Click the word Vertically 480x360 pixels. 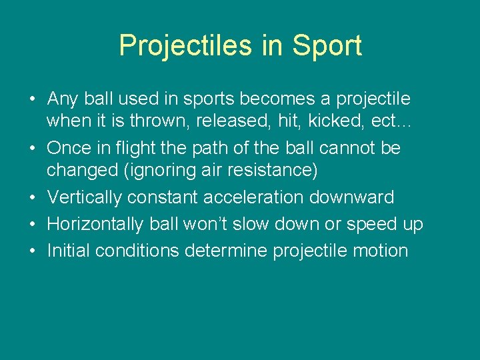(85, 197)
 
